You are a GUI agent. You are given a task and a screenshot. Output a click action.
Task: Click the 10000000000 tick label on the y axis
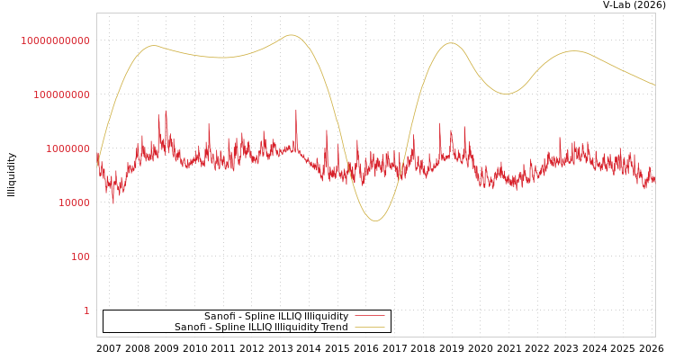[55, 40]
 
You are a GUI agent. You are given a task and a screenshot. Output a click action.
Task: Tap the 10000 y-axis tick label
[74, 202]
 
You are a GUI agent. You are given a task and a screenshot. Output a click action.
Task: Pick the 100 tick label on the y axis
[80, 256]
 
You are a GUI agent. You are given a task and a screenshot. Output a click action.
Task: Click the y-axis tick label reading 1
[86, 310]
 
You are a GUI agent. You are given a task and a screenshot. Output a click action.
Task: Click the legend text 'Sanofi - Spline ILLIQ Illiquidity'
[275, 316]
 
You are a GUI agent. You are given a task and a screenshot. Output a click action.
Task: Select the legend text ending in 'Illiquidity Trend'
[261, 327]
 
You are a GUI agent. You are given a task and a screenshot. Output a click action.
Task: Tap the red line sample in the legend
[369, 316]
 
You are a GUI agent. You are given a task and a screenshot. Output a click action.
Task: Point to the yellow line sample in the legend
[369, 327]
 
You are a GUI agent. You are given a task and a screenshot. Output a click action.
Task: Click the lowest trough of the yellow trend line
[376, 220]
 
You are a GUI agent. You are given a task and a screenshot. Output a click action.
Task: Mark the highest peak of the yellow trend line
[291, 35]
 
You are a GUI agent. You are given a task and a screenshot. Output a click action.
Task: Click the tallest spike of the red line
[296, 111]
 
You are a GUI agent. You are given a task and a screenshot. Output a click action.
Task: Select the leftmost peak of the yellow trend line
[154, 45]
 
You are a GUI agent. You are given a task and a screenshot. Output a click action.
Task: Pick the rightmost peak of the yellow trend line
[574, 51]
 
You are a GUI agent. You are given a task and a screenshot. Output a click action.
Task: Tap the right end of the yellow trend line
[654, 85]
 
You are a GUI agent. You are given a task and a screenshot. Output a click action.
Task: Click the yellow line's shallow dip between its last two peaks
[507, 94]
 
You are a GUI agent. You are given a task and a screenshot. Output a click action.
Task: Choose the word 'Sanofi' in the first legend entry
[220, 316]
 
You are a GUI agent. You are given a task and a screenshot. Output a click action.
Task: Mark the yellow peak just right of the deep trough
[450, 43]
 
